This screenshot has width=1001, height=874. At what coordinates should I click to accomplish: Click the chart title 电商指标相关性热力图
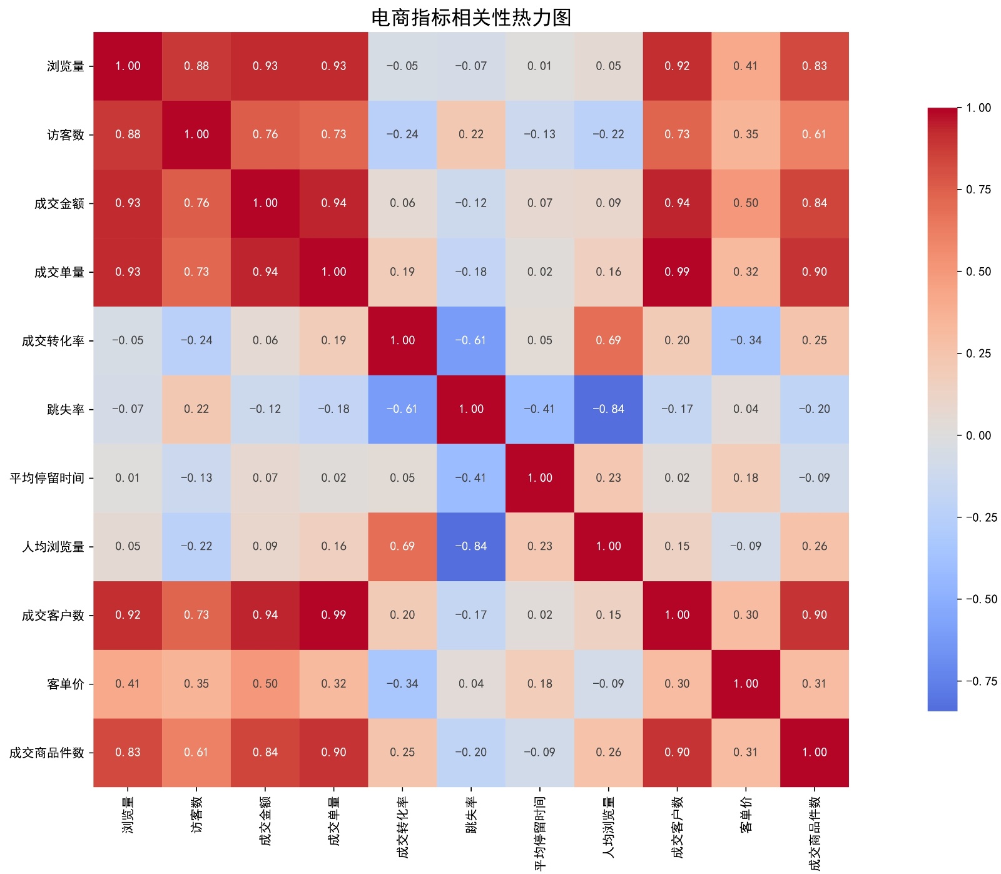(470, 18)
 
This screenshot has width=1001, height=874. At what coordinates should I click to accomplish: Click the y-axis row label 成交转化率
(53, 341)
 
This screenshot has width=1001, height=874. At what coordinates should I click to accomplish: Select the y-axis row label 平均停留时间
(46, 478)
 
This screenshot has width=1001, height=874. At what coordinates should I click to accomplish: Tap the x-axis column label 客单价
(746, 815)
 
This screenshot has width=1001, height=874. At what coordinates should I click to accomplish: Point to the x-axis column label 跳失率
(471, 815)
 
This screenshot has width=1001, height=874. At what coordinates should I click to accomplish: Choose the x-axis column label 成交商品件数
(815, 833)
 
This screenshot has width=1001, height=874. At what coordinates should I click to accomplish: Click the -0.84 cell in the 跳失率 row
(608, 409)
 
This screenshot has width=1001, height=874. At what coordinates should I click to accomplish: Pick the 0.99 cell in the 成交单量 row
(677, 272)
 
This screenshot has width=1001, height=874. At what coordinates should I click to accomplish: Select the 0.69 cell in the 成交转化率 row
(608, 341)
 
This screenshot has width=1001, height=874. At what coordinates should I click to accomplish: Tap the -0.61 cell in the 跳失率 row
(402, 409)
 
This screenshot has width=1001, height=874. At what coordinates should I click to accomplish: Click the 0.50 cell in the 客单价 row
(265, 684)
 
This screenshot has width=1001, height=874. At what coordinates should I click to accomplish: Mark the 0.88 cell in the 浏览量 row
(196, 66)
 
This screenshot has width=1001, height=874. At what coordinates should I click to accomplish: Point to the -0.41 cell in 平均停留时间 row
(471, 478)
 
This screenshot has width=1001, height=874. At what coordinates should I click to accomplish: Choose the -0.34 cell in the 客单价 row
(402, 684)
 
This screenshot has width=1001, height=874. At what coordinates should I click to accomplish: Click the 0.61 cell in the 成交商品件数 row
(196, 753)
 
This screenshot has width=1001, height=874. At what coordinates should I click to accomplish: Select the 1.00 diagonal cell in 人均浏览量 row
(608, 547)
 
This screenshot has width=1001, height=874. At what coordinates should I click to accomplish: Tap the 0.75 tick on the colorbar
(978, 190)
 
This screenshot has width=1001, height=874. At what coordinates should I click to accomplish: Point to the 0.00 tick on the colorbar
(978, 435)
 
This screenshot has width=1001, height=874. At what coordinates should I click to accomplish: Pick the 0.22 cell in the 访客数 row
(471, 135)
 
